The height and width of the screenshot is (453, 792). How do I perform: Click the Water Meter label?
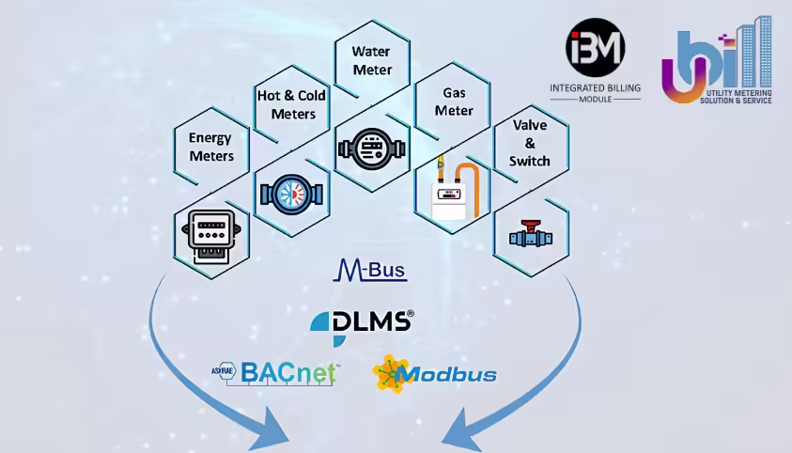click(372, 60)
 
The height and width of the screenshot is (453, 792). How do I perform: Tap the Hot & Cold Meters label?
click(292, 104)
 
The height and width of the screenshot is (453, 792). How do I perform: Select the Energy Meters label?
click(211, 147)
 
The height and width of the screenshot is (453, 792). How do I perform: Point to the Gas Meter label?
click(454, 102)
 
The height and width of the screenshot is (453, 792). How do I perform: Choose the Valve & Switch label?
click(529, 143)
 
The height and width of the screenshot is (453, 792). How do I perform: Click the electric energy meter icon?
click(211, 237)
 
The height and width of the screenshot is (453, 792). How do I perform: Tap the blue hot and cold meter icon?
click(291, 195)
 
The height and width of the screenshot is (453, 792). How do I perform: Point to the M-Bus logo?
click(370, 270)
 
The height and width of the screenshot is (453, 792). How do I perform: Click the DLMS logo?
click(362, 326)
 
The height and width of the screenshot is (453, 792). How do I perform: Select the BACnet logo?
click(276, 374)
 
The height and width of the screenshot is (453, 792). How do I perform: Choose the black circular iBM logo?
click(596, 48)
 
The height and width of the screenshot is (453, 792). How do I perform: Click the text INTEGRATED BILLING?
click(595, 87)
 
